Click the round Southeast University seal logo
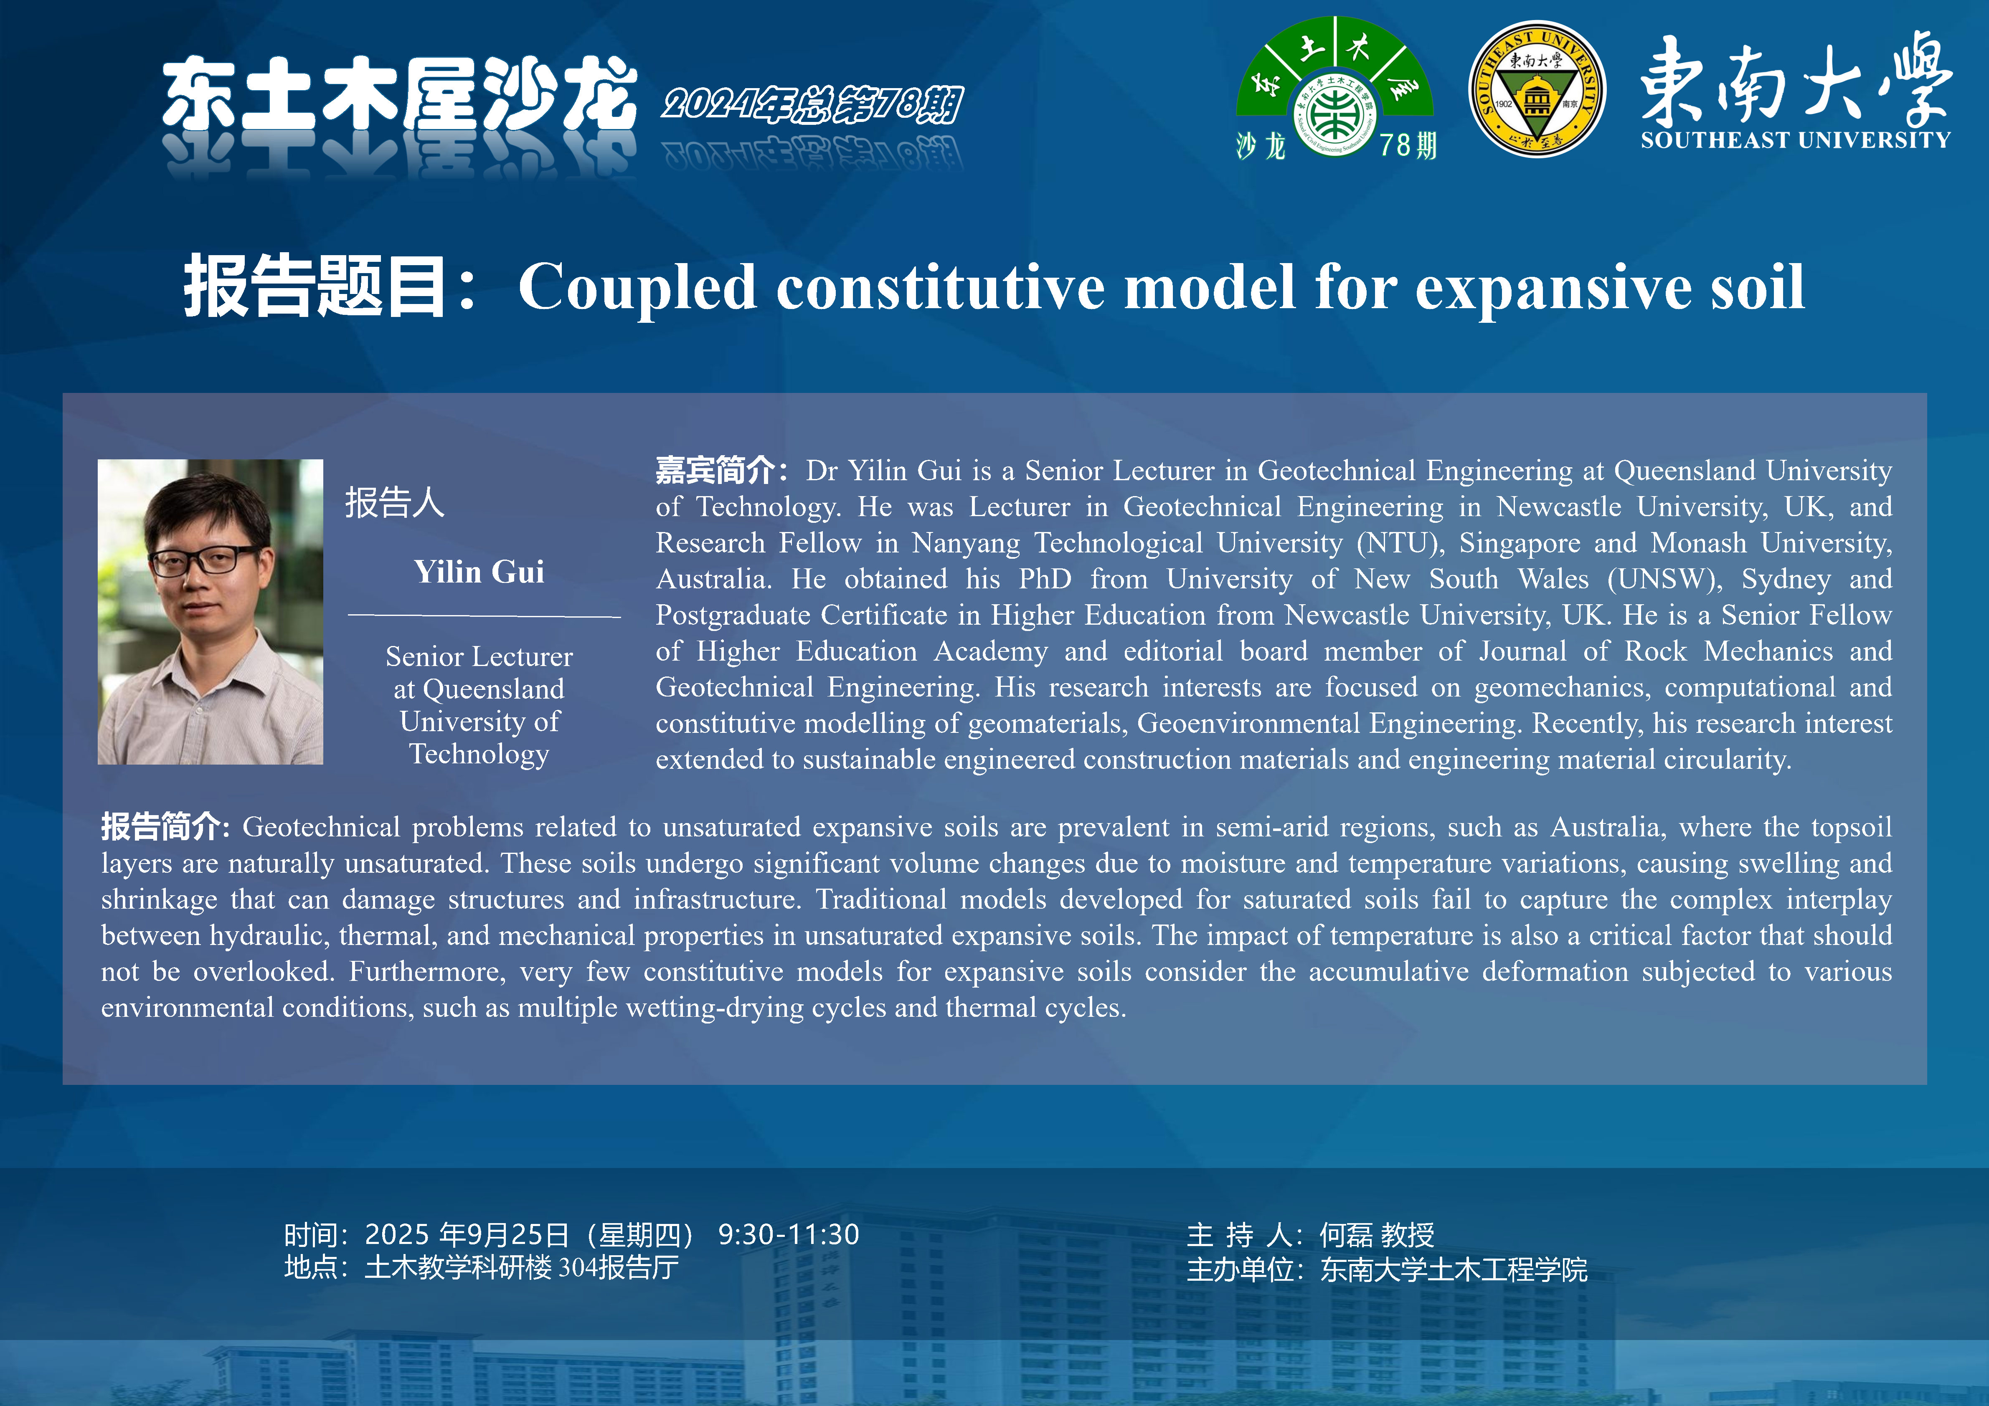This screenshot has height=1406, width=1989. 1537,89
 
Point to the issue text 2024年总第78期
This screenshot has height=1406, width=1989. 812,104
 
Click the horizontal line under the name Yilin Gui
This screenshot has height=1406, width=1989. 484,616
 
